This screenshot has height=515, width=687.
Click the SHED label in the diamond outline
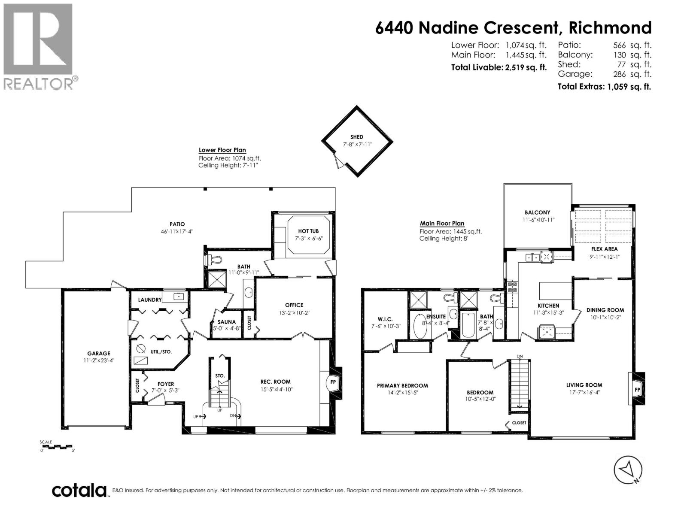tap(356, 137)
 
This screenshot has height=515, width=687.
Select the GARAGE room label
tap(99, 354)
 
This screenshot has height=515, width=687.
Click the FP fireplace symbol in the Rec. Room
tap(332, 382)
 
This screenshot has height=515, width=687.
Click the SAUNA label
tap(226, 322)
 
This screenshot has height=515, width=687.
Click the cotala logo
tap(79, 491)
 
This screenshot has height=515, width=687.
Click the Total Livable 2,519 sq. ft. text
tap(499, 67)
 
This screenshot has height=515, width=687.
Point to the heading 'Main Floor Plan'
tap(442, 224)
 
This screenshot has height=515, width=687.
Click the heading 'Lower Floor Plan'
tap(222, 150)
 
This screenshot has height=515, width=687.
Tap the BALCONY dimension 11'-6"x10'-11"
tap(537, 220)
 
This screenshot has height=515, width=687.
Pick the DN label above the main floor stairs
tap(520, 357)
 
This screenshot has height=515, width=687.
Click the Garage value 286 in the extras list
tap(620, 74)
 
